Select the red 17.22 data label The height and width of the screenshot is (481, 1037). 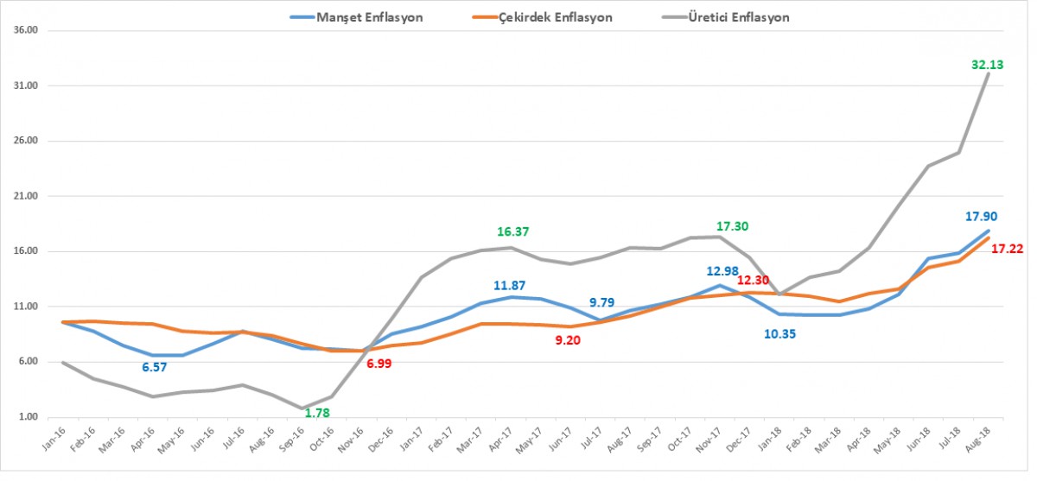[x=1007, y=249]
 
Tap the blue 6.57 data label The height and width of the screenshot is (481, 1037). [x=153, y=367]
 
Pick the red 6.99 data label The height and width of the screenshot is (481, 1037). [x=381, y=364]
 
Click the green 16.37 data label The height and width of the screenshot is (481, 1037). [x=512, y=231]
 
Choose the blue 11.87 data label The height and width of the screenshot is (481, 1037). [x=509, y=285]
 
